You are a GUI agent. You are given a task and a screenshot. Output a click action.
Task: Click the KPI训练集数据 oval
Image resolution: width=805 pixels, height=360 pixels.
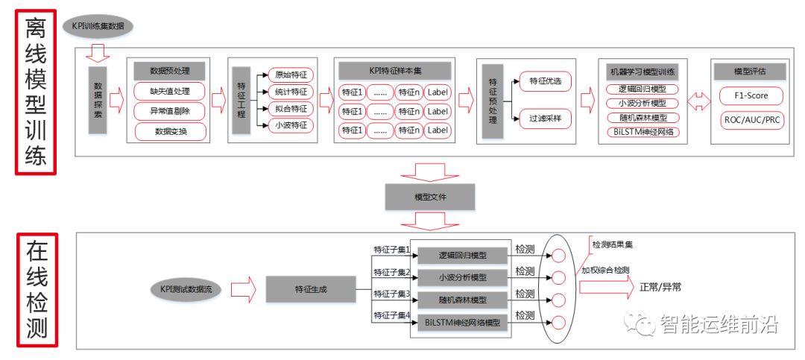pos(99,27)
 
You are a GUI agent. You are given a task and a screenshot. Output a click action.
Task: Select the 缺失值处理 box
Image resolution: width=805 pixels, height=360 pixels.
pos(168,92)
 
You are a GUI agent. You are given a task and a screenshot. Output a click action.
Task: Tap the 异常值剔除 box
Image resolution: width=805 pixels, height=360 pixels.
pos(168,112)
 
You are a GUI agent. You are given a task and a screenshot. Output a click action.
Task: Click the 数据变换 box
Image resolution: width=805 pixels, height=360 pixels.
pos(168,132)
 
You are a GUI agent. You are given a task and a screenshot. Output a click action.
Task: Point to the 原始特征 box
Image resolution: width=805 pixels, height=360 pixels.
pos(291,75)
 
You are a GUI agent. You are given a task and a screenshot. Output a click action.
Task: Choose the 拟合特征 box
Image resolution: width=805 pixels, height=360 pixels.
pos(291,109)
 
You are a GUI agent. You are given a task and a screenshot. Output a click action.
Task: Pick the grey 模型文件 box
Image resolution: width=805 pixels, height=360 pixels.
pos(429,197)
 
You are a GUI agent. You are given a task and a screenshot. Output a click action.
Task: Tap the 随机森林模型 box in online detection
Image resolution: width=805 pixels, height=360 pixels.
pos(462,300)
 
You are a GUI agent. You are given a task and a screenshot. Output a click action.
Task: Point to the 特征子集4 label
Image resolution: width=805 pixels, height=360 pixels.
pos(391,316)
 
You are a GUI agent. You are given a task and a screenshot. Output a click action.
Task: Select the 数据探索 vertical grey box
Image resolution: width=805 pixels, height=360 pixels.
pos(98,101)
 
